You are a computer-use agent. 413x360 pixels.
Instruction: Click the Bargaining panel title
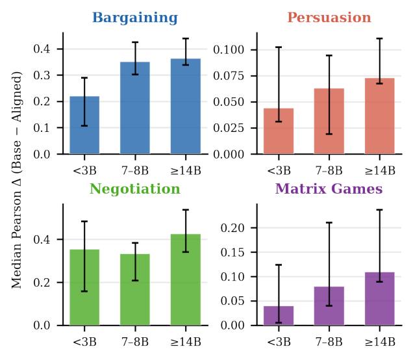click(135, 18)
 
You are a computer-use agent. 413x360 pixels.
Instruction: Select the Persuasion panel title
click(329, 18)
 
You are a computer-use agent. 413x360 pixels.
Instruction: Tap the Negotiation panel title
click(135, 189)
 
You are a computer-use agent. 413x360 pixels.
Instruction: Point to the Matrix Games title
click(329, 189)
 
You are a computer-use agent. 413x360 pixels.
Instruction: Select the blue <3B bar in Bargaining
click(84, 125)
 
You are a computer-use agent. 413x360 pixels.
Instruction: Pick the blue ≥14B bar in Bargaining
click(186, 107)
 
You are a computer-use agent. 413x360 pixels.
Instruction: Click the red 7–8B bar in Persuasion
click(329, 122)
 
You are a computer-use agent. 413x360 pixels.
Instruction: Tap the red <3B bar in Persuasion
click(279, 131)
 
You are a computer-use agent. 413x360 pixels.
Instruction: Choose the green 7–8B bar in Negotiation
click(135, 290)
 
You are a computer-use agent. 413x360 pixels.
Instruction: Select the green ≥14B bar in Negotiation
click(186, 280)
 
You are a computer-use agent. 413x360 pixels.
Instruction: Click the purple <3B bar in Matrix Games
click(279, 316)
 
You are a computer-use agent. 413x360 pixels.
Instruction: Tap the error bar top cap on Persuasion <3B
click(279, 47)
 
